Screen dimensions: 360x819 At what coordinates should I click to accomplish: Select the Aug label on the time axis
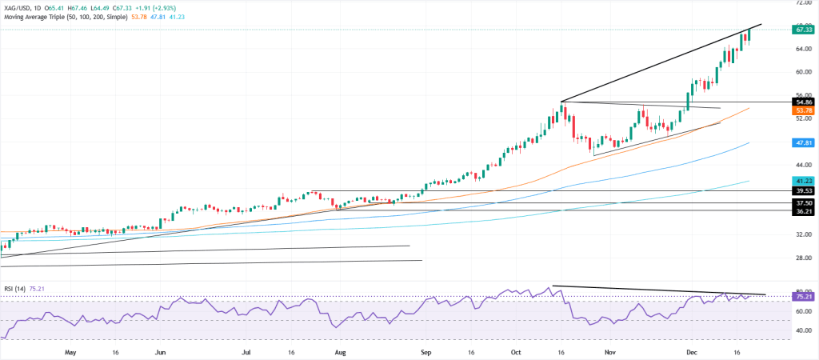pos(341,351)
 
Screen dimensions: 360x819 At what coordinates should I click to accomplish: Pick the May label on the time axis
pos(70,351)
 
